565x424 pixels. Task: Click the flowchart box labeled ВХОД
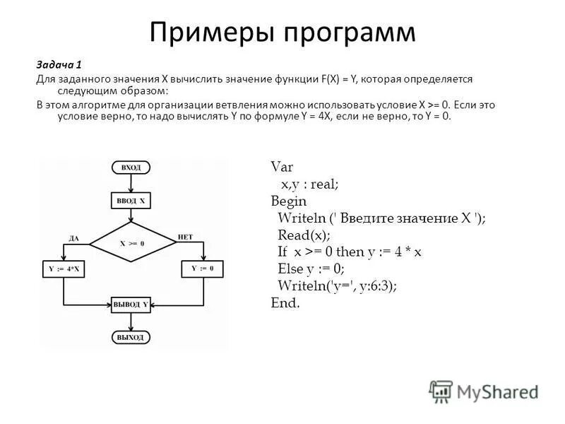131,167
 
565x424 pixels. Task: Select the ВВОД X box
131,201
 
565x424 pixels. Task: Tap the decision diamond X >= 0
132,242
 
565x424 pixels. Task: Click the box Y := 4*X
64,269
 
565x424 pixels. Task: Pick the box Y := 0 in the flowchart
202,269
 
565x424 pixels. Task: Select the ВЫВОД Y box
131,305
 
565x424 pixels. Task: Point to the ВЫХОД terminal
131,338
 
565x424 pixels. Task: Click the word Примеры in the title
210,33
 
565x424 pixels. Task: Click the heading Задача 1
59,64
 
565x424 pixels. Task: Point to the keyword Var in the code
282,167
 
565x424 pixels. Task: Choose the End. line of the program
285,302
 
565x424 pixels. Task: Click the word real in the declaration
324,184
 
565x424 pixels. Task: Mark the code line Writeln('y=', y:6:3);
337,285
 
